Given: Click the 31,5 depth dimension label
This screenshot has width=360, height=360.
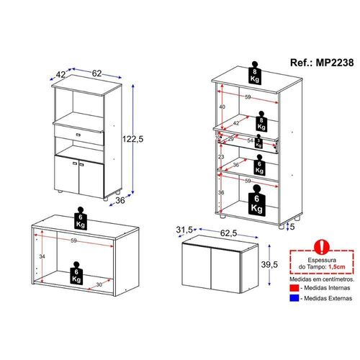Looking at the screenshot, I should coord(184,230).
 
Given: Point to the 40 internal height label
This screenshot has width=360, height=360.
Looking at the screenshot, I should coord(222,107).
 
